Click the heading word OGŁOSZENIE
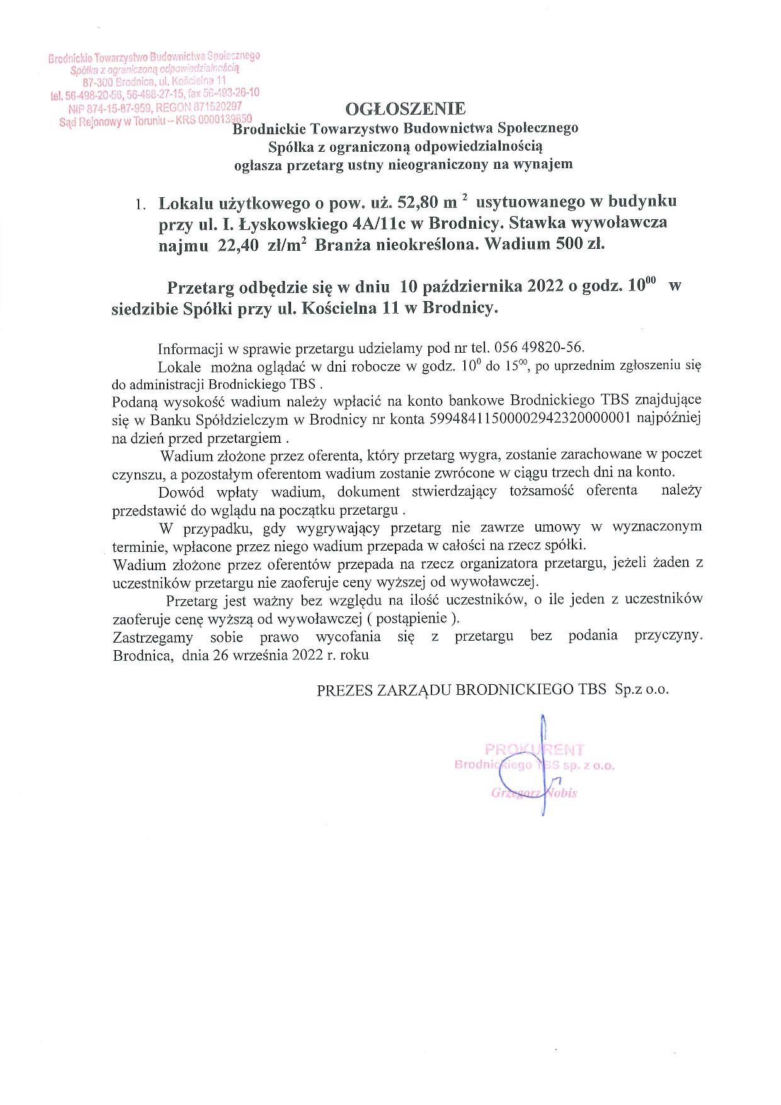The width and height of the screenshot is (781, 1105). [x=406, y=108]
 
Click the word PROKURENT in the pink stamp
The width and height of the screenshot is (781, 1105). [x=535, y=750]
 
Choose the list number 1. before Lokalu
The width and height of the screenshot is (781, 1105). [x=140, y=205]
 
